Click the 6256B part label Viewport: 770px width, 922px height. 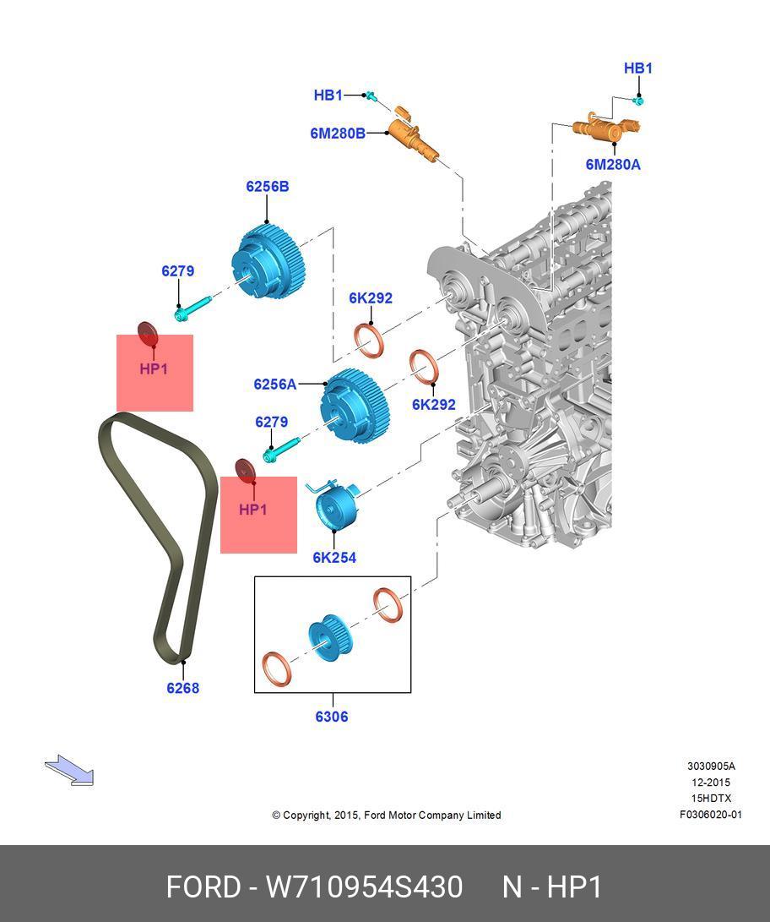(x=267, y=186)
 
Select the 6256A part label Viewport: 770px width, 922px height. (x=275, y=385)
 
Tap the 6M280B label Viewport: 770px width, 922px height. (x=338, y=133)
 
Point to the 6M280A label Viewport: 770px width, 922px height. (x=613, y=165)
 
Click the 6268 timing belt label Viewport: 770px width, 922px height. (x=182, y=688)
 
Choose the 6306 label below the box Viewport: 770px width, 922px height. (x=332, y=717)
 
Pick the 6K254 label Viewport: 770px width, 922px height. (x=334, y=558)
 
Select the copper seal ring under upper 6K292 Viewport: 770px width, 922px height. (x=369, y=339)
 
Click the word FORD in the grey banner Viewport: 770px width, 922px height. (x=203, y=887)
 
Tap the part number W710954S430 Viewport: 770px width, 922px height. (x=365, y=887)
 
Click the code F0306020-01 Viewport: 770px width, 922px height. (x=710, y=815)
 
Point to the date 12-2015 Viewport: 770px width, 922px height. (x=710, y=783)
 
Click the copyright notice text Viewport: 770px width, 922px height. (x=387, y=816)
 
